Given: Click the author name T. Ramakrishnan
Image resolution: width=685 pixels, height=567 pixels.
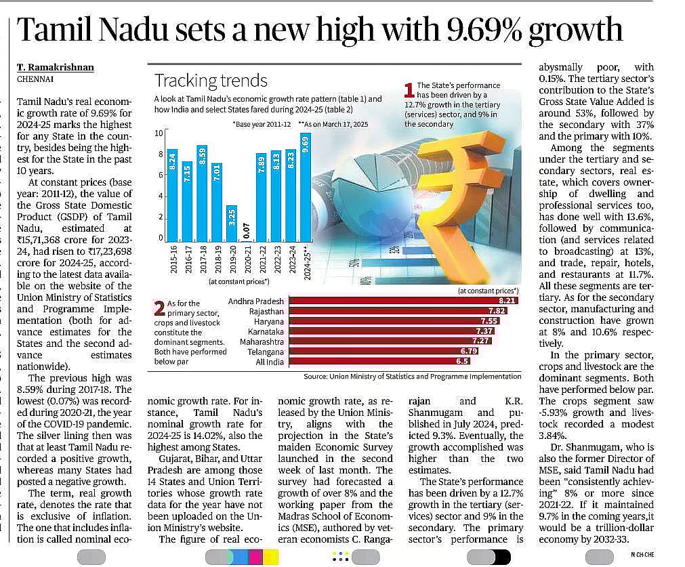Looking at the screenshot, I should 56,67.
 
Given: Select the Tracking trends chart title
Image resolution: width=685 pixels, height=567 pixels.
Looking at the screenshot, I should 211,81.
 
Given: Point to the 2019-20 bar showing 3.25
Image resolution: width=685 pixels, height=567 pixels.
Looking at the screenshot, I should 230,223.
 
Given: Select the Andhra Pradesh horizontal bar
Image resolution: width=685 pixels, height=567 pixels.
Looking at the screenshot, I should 402,300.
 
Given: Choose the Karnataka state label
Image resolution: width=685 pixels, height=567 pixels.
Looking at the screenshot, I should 266,331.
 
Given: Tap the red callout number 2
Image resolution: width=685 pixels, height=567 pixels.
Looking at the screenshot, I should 159,308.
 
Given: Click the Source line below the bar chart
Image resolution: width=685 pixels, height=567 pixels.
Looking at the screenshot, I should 412,376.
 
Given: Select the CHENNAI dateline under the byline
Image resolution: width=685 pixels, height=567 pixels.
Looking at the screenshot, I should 35,79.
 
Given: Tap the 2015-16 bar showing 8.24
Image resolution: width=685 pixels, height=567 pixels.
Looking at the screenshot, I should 172,194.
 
